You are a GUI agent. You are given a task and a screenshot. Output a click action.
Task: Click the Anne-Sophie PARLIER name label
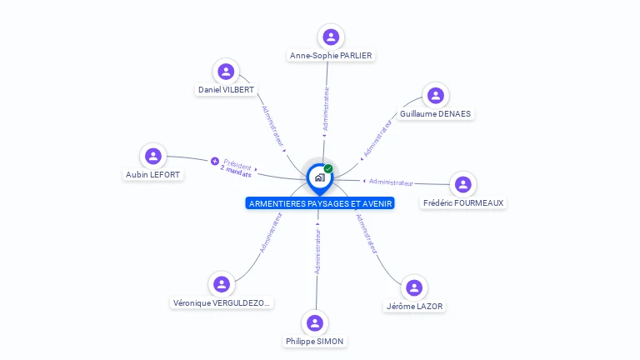(331, 56)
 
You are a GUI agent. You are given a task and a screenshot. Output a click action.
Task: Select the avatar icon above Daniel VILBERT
(226, 72)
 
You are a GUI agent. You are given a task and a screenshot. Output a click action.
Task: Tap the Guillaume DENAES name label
(435, 113)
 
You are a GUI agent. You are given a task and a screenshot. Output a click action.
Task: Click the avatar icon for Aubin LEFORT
(152, 156)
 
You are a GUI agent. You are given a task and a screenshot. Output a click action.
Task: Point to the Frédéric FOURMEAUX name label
(463, 202)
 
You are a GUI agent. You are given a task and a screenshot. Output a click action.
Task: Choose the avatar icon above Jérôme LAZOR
(414, 288)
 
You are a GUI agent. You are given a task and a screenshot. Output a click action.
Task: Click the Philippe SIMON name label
(314, 341)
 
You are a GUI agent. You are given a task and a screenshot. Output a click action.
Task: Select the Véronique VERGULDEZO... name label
(222, 303)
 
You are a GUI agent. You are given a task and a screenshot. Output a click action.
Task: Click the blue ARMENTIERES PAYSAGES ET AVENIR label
(320, 203)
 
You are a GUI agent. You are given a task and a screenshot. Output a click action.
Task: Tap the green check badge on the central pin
(328, 169)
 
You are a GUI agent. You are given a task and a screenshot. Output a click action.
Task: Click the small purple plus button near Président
(214, 161)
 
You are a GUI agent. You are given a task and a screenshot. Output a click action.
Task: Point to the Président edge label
(237, 165)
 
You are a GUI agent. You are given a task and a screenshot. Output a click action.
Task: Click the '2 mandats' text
(235, 172)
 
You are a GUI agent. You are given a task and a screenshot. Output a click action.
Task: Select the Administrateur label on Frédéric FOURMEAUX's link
(391, 182)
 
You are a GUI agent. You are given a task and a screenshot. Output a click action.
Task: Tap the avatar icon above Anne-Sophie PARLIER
(331, 37)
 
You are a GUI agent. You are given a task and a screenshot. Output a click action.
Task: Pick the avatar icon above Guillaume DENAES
(435, 95)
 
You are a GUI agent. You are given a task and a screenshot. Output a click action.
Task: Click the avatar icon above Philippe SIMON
(314, 322)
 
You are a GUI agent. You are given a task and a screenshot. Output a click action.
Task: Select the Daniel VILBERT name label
(226, 89)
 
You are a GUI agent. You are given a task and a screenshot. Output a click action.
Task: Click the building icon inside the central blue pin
(319, 177)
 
